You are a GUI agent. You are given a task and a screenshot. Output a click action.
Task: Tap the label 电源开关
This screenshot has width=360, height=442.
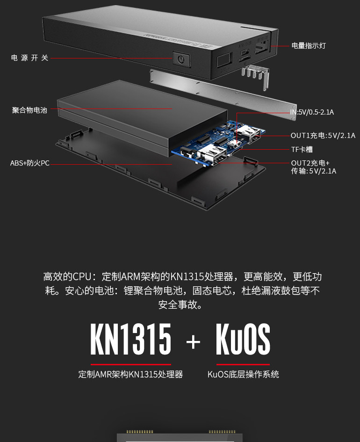click(30, 58)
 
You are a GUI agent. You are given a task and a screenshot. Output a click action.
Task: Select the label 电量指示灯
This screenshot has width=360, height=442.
click(309, 46)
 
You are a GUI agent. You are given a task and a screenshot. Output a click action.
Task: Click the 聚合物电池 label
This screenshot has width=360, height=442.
click(30, 110)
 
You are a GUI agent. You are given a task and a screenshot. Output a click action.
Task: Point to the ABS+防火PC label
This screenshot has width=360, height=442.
click(30, 163)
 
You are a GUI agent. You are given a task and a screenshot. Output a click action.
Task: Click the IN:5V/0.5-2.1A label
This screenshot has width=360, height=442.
click(312, 112)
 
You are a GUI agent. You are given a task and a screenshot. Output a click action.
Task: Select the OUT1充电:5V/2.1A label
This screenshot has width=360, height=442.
click(323, 136)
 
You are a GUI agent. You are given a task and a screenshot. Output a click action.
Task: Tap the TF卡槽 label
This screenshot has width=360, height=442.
click(302, 150)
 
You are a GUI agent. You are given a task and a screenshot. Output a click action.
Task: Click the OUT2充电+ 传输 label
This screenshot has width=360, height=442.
click(313, 167)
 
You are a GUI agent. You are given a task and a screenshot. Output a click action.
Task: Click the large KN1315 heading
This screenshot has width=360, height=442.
click(131, 340)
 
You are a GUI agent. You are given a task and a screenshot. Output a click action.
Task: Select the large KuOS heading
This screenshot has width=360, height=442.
click(243, 340)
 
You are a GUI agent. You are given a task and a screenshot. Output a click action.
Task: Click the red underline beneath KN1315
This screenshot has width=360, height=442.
click(131, 364)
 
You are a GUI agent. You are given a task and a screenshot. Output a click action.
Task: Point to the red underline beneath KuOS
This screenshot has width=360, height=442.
click(243, 364)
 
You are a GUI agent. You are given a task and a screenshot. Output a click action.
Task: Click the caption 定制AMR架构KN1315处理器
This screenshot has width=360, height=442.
click(130, 375)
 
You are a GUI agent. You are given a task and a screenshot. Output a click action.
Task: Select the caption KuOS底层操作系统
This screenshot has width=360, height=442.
click(243, 375)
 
